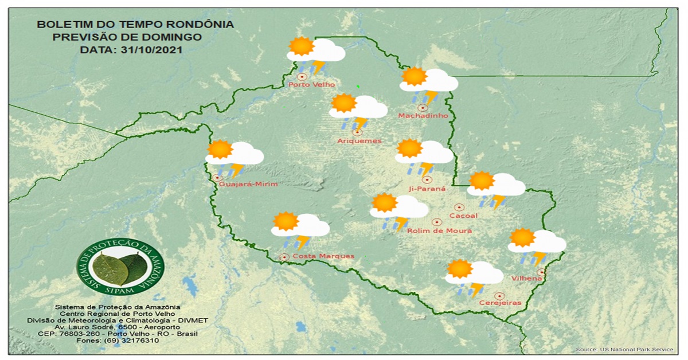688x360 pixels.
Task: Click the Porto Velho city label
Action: [x=311, y=85]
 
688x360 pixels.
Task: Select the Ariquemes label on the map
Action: [x=359, y=141]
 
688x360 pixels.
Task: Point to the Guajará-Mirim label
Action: [x=248, y=184]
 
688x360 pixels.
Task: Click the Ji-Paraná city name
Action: [x=427, y=188]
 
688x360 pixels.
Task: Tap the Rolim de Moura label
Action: [x=439, y=230]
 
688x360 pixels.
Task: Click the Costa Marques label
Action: [x=323, y=256]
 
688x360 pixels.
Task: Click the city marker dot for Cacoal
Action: [x=459, y=207]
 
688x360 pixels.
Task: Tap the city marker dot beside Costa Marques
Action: [x=284, y=257]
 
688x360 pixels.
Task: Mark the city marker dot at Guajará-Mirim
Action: [x=217, y=178]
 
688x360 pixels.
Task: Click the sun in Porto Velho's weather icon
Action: [x=302, y=46]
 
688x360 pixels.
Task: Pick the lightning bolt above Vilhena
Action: [x=540, y=258]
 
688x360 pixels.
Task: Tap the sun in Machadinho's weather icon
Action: [x=414, y=76]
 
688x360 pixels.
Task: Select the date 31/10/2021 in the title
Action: [x=152, y=50]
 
